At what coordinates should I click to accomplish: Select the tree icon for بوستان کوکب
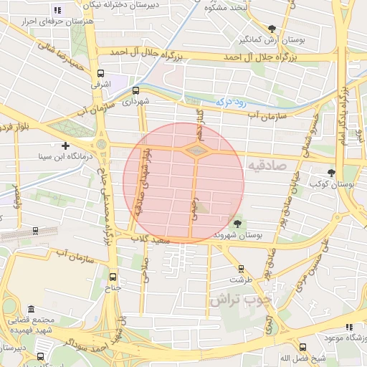(331, 173)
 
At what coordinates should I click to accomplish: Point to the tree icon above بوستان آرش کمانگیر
(272, 29)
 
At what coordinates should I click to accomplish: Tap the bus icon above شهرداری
(135, 90)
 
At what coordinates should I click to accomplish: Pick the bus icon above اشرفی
(101, 73)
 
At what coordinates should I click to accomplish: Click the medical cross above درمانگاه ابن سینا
(65, 146)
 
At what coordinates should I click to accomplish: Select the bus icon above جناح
(112, 276)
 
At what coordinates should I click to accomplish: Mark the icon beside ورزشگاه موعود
(349, 327)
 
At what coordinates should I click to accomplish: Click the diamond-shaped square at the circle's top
(197, 150)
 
